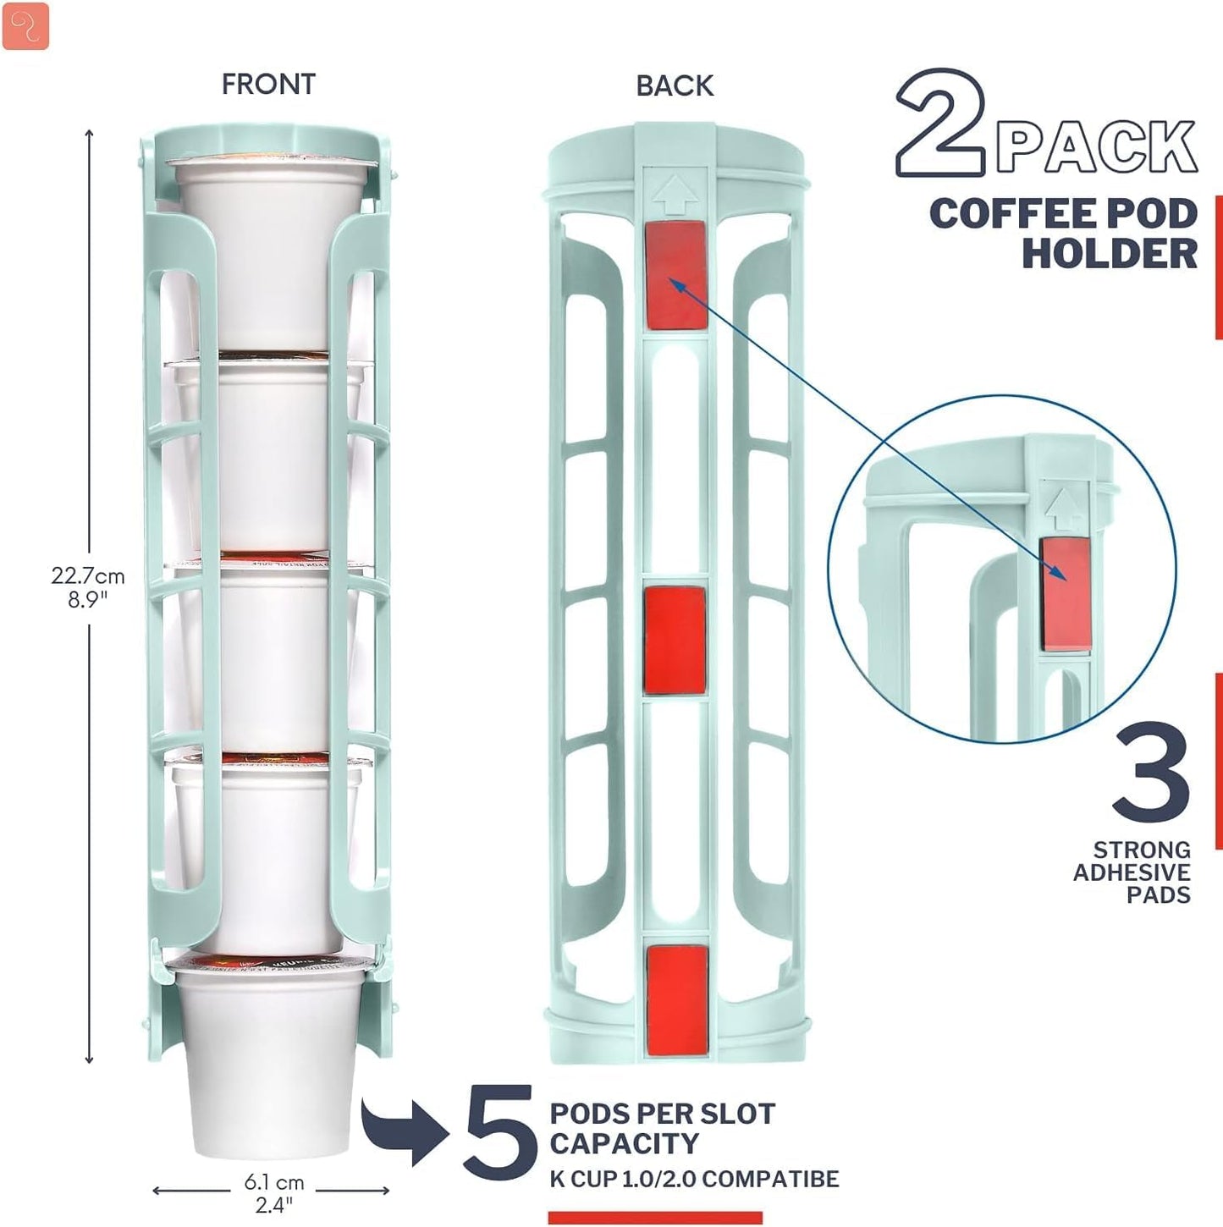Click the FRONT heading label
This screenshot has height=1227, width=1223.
[x=268, y=85]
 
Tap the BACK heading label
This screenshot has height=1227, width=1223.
[x=675, y=85]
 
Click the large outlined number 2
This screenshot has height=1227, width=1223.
[x=939, y=124]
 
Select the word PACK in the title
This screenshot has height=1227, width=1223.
[x=1096, y=147]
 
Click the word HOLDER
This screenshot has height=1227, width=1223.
[x=1110, y=253]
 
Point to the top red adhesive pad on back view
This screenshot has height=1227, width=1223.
[x=675, y=275]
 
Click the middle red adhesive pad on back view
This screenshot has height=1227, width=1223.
[x=675, y=640]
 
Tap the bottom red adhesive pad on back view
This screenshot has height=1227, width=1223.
[x=676, y=999]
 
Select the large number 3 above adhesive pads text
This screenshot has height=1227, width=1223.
[x=1152, y=771]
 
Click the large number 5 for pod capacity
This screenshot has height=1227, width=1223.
[x=500, y=1136]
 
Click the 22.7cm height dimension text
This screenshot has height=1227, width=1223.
[x=87, y=576]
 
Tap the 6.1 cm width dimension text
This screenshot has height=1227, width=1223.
[x=273, y=1182]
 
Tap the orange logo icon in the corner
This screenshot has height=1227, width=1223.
[x=25, y=26]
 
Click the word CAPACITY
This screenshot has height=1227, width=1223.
[x=624, y=1143]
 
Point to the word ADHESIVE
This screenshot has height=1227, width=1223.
[x=1132, y=872]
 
